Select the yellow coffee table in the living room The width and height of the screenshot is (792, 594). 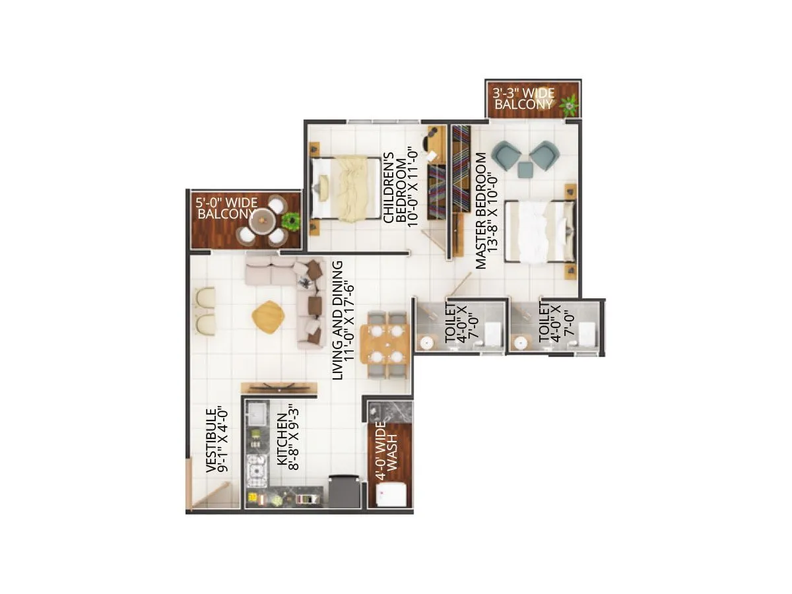pyautogui.click(x=269, y=315)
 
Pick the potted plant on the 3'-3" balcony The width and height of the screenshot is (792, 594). pyautogui.click(x=568, y=103)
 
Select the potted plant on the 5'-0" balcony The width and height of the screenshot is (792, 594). pyautogui.click(x=290, y=220)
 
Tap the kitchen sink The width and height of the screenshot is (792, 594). pyautogui.click(x=255, y=414)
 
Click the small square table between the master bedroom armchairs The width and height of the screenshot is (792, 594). pyautogui.click(x=525, y=170)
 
